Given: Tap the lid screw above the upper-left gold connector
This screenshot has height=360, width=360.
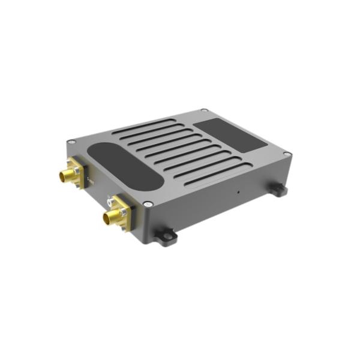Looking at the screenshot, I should coord(71,142).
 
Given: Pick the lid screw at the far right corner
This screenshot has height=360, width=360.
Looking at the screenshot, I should coord(287,154).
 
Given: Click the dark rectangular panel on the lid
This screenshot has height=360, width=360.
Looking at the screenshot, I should coord(232,134).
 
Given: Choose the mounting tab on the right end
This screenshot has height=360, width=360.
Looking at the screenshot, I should coord(277,190).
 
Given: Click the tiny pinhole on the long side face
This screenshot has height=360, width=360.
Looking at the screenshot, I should coord(238,192).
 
